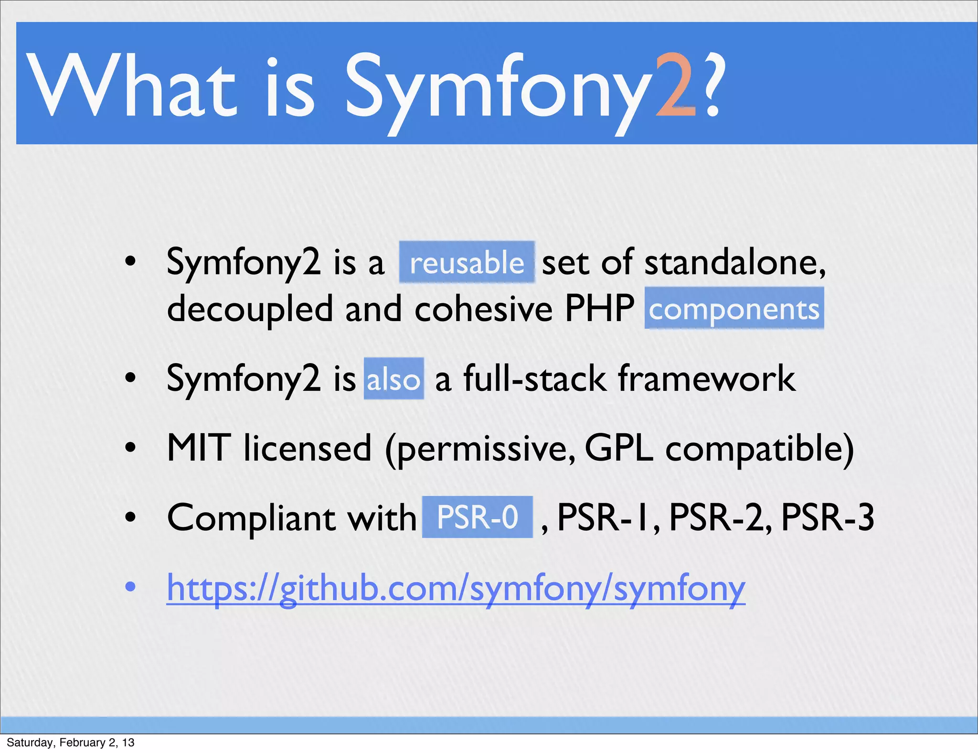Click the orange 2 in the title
coord(676,86)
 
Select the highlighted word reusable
coord(467,263)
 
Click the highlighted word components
coord(734,309)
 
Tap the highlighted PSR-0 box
coord(477,517)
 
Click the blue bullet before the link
coord(130,586)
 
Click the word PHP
coord(599,309)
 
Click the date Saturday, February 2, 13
coord(70,742)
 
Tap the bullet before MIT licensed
coord(130,448)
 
